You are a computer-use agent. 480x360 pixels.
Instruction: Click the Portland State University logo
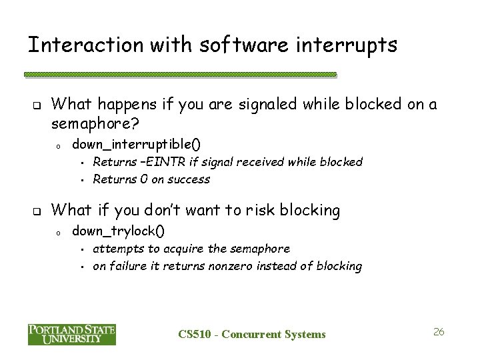(x=72, y=334)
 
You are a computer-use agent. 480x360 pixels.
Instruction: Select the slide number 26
(x=438, y=331)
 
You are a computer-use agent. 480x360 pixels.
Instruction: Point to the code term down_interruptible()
(x=136, y=143)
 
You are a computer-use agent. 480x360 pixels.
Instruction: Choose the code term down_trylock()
(x=119, y=231)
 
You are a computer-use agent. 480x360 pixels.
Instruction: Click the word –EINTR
(x=154, y=161)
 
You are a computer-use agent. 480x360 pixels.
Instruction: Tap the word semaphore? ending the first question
(x=89, y=123)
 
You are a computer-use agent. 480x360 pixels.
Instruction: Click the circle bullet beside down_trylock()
(x=59, y=232)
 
